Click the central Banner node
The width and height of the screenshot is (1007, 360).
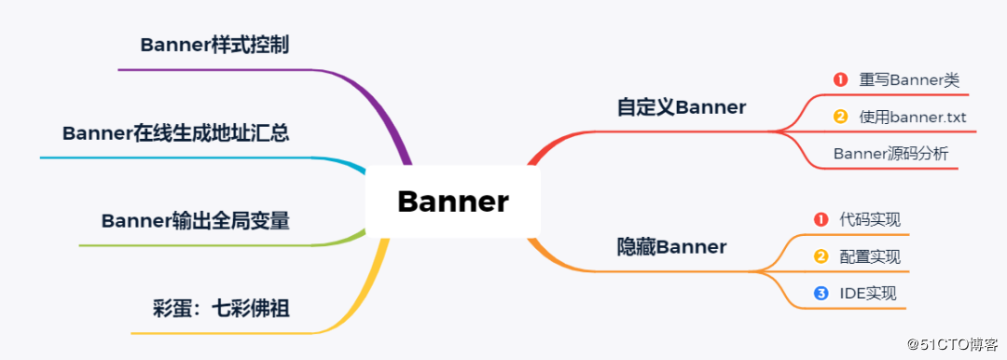pos(453,201)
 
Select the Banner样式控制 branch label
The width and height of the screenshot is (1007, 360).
pos(214,45)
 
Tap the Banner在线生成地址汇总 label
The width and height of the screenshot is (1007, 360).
pos(175,133)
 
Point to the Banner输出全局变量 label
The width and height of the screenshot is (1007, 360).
pos(195,221)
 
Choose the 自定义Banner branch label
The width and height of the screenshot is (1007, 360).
pos(682,107)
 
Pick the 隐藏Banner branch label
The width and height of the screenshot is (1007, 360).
pos(671,247)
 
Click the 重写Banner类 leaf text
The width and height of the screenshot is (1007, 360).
pos(909,80)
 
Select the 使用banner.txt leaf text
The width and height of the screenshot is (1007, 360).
pos(913,118)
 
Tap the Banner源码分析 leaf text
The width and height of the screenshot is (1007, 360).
pos(890,154)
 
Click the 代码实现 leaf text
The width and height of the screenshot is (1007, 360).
pos(870,220)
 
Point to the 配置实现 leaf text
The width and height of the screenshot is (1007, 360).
pos(870,256)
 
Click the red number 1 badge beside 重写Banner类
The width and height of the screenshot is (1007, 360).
pos(839,80)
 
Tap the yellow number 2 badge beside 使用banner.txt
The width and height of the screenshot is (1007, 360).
pos(839,118)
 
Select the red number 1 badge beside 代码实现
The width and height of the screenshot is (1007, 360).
pos(821,220)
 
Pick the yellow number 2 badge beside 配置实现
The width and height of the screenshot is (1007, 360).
pos(821,256)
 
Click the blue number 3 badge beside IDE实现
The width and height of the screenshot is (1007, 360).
pos(821,293)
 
